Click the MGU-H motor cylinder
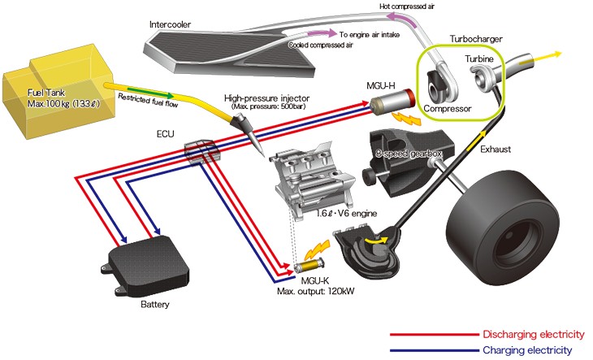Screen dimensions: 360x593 click(389, 107)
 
